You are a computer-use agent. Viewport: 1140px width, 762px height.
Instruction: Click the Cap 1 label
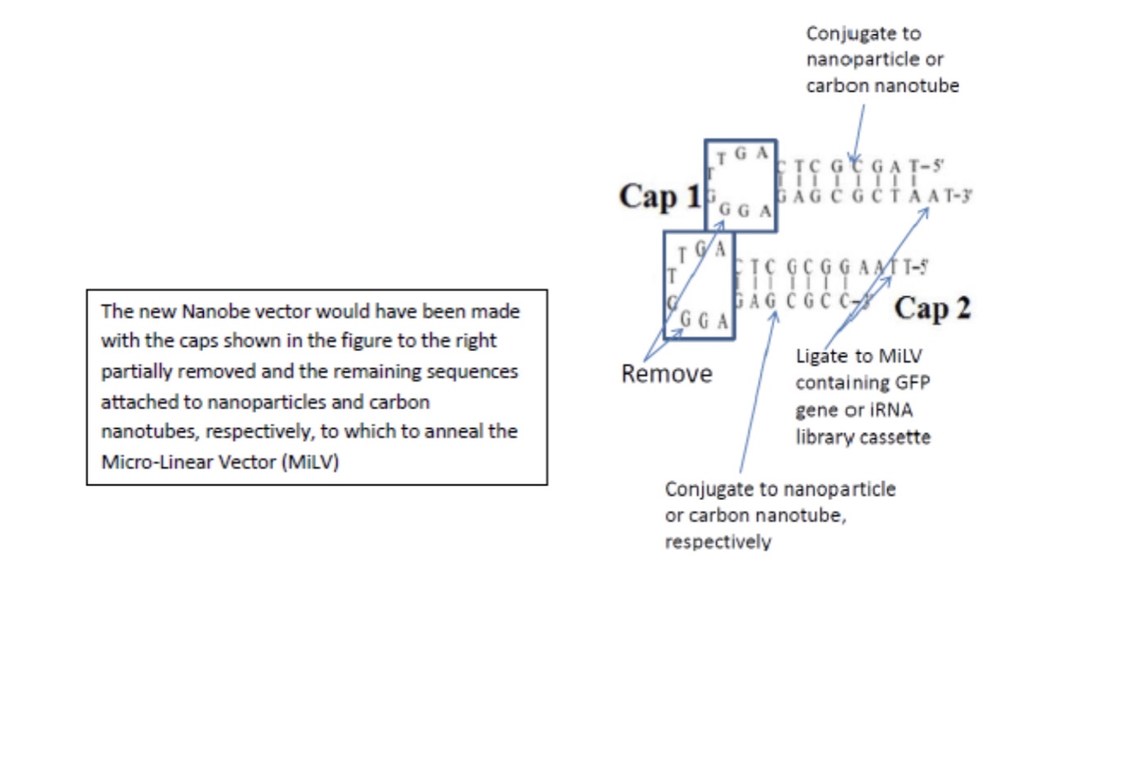[x=660, y=196]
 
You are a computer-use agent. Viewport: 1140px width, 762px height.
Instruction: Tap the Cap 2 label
[x=932, y=309]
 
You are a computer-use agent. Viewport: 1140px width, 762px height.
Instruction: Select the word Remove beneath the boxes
[x=666, y=374]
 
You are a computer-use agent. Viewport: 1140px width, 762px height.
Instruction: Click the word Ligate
[x=822, y=357]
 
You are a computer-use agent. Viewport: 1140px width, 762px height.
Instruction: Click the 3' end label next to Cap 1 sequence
[x=963, y=196]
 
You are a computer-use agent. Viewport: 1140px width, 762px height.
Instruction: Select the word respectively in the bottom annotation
[x=717, y=542]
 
